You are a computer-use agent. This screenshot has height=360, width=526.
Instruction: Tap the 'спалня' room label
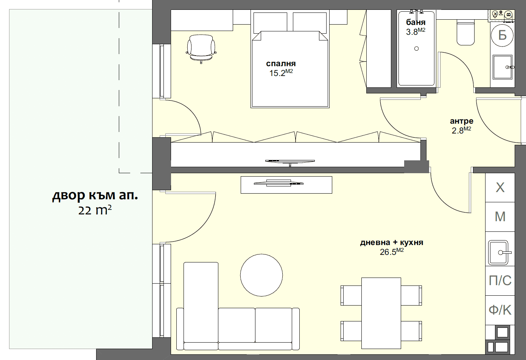point(281,64)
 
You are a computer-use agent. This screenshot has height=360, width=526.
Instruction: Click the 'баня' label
point(416,22)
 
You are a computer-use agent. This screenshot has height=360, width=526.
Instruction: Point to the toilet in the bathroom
point(465,33)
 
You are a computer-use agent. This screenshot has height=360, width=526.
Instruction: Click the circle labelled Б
point(502,35)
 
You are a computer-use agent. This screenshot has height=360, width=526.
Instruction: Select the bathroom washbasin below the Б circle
point(503,67)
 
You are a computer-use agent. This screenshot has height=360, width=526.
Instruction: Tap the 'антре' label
point(461,121)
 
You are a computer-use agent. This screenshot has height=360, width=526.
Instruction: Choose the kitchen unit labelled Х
point(500,188)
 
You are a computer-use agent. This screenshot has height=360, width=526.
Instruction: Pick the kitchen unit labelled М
point(500,217)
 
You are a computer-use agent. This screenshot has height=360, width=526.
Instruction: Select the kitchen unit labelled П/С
point(500,281)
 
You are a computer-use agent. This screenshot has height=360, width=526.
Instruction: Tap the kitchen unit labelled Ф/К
point(500,310)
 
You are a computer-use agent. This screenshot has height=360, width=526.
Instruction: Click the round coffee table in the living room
point(261,275)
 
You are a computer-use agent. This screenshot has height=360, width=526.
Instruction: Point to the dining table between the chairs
point(381,313)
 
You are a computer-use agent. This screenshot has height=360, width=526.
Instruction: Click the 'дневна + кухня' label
point(391,242)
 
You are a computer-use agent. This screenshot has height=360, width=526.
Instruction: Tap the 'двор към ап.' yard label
point(95,196)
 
